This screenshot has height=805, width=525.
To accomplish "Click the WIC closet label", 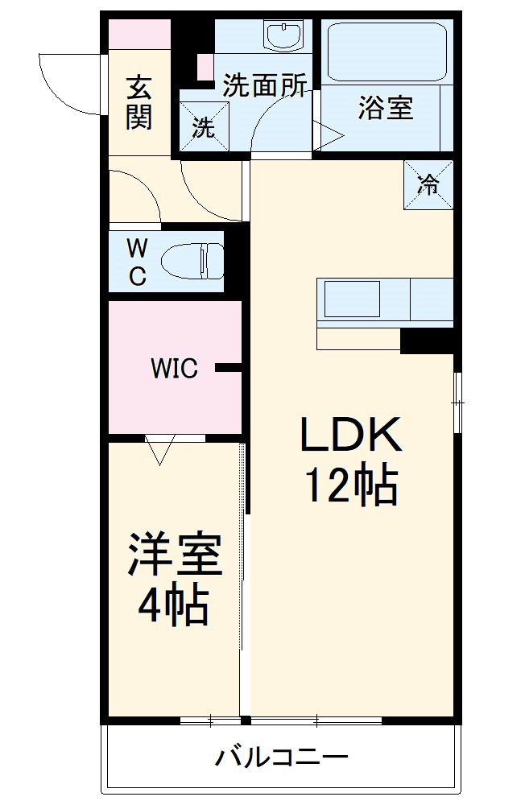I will [174, 369].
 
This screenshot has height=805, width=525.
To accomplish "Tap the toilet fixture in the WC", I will [192, 261].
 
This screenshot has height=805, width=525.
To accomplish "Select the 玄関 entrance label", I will [138, 103].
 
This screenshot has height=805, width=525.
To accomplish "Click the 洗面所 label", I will [264, 86].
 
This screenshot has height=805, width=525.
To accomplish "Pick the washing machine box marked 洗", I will [204, 127].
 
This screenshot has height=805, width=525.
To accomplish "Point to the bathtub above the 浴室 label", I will [385, 52].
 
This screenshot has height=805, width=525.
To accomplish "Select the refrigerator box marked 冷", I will [428, 184].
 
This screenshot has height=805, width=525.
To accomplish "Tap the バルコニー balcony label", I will [281, 758].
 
